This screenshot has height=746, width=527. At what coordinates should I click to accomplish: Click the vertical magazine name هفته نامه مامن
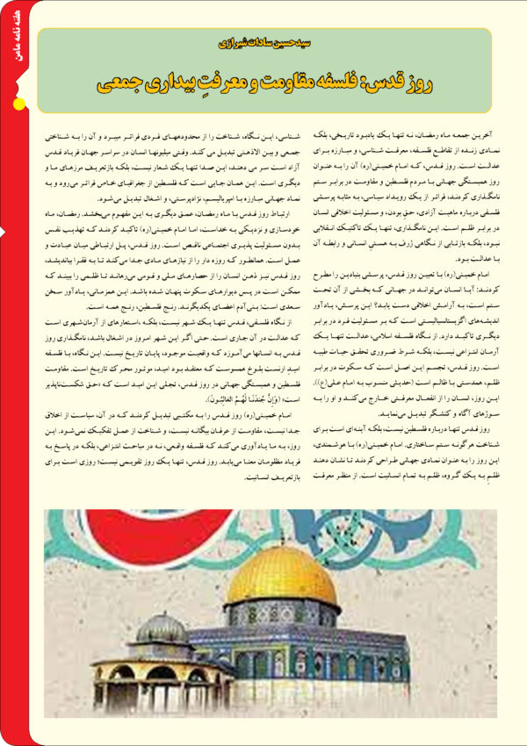click(x=18, y=43)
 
